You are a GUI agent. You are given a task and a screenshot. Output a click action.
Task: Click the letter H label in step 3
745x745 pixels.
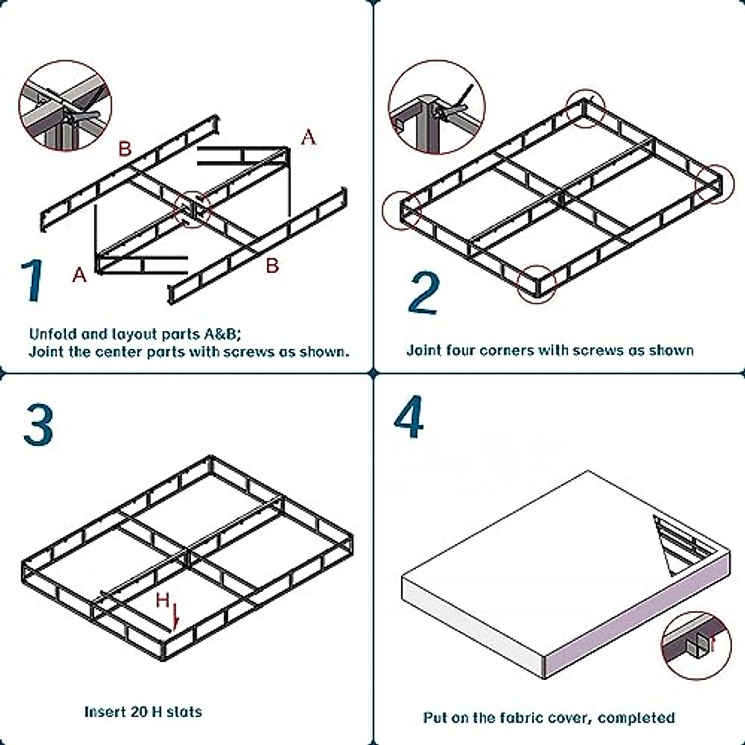(162, 600)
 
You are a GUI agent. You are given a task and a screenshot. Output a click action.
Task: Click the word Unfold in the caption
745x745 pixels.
(52, 334)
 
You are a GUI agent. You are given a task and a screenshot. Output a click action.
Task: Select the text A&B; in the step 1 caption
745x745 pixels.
(222, 334)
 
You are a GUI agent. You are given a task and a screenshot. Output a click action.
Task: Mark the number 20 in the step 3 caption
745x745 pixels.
(140, 711)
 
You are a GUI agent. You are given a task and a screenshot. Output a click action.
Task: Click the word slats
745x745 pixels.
(184, 711)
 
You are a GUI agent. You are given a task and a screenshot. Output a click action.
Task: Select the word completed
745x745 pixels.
(636, 718)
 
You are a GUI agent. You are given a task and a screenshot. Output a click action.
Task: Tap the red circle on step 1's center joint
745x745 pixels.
(192, 209)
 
